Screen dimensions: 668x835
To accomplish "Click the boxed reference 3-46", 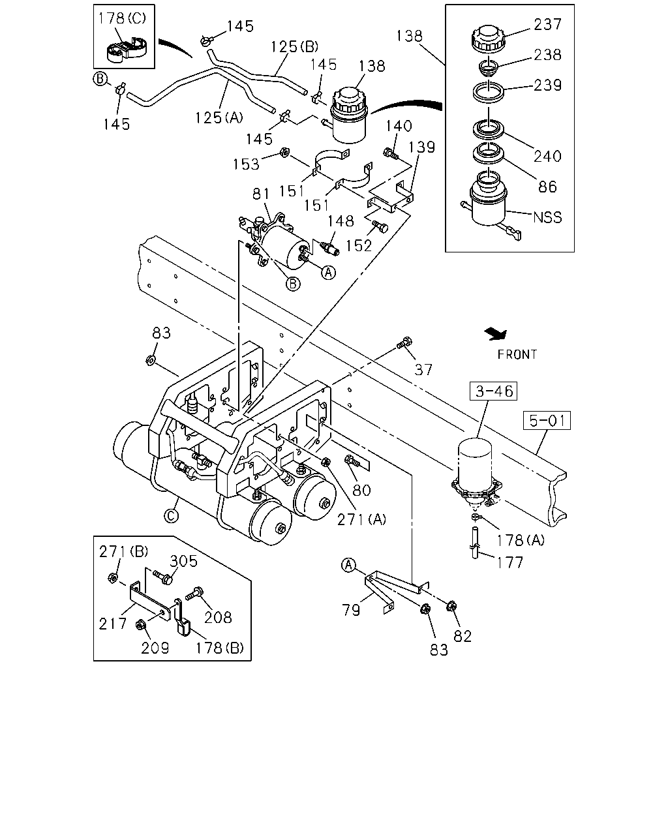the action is coord(493,391).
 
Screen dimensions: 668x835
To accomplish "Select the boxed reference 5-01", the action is coord(547,420).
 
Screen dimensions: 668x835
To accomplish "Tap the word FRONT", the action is coord(517,355).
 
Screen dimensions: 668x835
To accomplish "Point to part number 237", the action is coord(547,24).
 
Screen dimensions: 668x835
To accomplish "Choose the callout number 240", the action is coord(547,157).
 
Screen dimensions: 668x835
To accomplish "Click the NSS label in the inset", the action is coord(547,217).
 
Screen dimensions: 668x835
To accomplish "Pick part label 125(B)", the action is coord(294,46).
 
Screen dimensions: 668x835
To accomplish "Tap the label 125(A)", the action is coord(219,117).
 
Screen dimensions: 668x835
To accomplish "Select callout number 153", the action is coord(246,164).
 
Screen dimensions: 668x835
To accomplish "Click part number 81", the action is coord(261,194).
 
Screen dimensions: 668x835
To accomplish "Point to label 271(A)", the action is coord(361,519).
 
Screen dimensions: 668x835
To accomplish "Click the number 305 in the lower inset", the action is coord(183,561).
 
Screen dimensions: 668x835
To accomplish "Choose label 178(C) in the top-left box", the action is coord(122,18).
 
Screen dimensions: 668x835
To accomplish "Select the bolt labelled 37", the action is coord(404,343).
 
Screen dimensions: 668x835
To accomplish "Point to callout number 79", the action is coord(351,611).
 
